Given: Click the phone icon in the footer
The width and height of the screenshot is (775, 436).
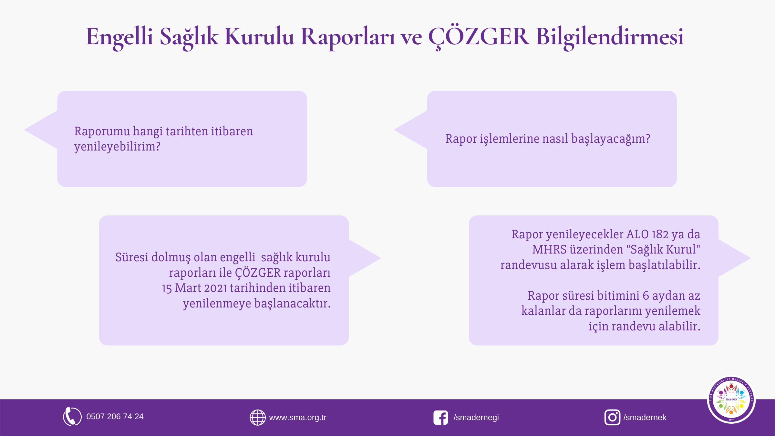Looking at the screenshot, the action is pyautogui.click(x=72, y=417).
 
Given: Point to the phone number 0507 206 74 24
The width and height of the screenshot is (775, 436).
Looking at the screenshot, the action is pyautogui.click(x=115, y=417).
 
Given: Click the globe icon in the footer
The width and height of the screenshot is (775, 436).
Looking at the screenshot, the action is pyautogui.click(x=258, y=417).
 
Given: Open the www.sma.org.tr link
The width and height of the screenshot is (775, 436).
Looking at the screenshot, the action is pyautogui.click(x=298, y=418).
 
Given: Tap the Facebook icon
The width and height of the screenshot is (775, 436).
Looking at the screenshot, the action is pyautogui.click(x=441, y=418).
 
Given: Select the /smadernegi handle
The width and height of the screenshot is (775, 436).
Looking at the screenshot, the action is pyautogui.click(x=476, y=418).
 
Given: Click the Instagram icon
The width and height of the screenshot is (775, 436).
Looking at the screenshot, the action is pyautogui.click(x=612, y=418).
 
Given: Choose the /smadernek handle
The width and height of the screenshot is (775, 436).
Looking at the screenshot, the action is pyautogui.click(x=645, y=418).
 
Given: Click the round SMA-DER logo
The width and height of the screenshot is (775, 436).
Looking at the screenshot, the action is pyautogui.click(x=731, y=399).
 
